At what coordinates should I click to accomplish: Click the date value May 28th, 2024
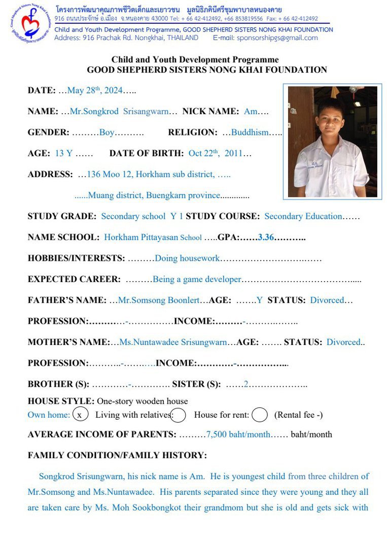coord(95,91)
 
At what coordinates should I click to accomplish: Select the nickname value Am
coord(251,112)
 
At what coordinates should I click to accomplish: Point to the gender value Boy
coord(107,132)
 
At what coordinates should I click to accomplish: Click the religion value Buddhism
coord(250,132)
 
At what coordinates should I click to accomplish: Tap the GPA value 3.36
coord(266,237)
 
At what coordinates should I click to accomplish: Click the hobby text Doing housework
coord(187,258)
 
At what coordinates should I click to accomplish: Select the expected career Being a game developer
coord(197,279)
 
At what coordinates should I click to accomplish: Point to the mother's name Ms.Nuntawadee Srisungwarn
coord(173,342)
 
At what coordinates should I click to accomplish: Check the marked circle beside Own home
coord(80,415)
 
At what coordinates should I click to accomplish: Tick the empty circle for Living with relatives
coord(178,415)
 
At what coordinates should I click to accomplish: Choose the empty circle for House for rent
coord(259,415)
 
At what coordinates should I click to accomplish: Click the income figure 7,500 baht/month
coord(238,434)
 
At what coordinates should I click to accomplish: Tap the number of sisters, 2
coord(245,384)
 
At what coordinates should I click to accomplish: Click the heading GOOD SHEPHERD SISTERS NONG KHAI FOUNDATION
coord(207,70)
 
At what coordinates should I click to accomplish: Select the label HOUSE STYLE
coord(61,401)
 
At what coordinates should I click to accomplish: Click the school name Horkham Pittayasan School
coord(153,237)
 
